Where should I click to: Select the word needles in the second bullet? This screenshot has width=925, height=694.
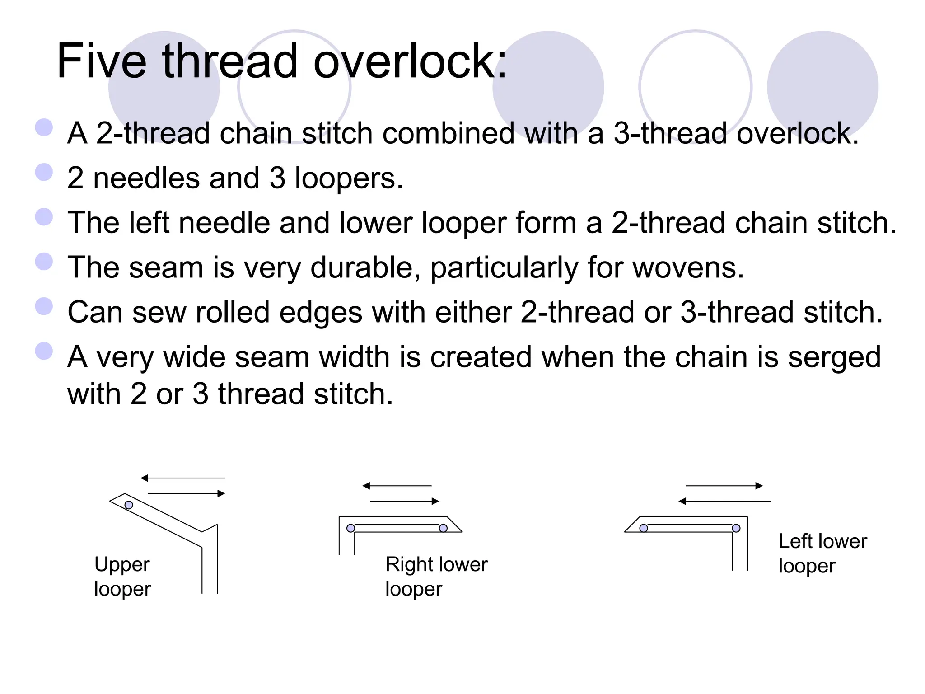pos(146,178)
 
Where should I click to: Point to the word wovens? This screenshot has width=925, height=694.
pos(687,267)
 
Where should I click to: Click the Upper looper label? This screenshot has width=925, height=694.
pos(122,577)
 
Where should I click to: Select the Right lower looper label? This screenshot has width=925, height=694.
pos(436,577)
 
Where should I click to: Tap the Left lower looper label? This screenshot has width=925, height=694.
pos(822,553)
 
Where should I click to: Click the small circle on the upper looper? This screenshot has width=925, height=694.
pos(129,505)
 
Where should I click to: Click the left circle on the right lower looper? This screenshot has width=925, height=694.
pos(350,528)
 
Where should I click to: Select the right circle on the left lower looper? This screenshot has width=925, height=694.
pos(736,528)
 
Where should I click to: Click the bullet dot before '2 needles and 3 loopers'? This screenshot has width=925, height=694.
pos(44,172)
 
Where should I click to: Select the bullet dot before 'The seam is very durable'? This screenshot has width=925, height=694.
pos(44,262)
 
